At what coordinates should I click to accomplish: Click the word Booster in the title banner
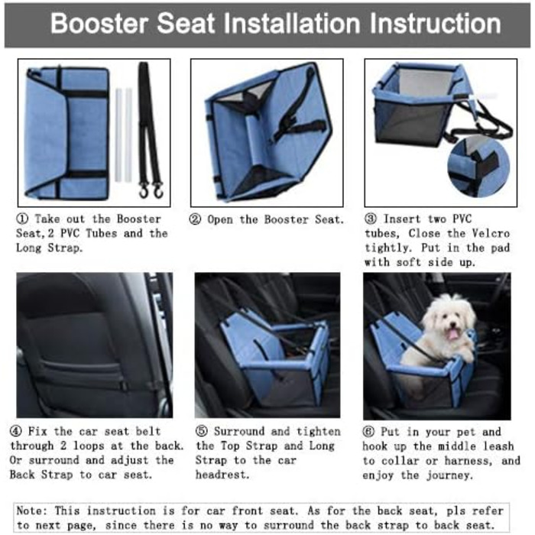click(99, 23)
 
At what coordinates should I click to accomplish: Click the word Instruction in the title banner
click(436, 23)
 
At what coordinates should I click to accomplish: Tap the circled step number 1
click(22, 219)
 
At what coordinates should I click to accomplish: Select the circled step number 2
click(195, 219)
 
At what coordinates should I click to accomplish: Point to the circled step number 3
click(371, 219)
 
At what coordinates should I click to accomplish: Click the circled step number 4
click(16, 431)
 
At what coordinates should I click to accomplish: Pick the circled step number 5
click(202, 431)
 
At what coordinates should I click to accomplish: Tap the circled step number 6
click(368, 432)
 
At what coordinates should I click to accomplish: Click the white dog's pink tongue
click(452, 334)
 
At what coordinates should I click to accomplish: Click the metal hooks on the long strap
click(151, 191)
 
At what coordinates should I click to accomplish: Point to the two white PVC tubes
click(123, 135)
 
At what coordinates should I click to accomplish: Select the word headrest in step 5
click(222, 475)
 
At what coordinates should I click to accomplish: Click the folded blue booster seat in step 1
click(67, 133)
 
